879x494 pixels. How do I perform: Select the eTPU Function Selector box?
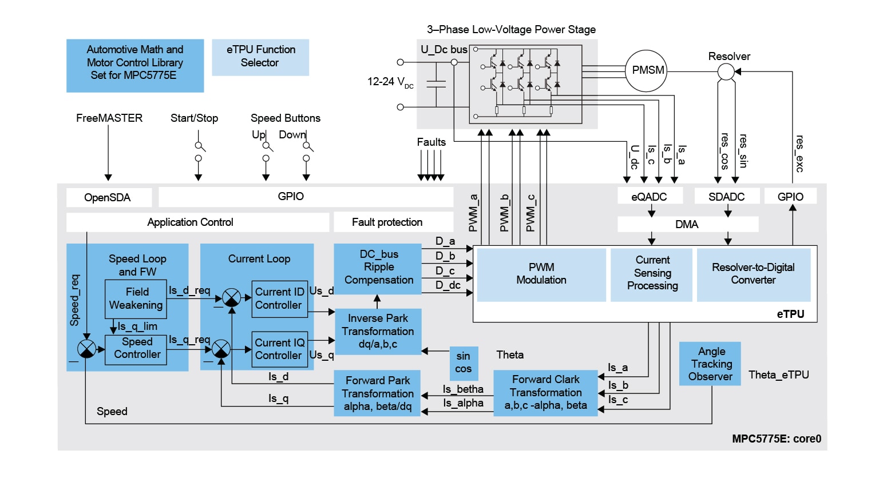260,57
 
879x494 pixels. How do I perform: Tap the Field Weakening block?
136,299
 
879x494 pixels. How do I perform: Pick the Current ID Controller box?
280,298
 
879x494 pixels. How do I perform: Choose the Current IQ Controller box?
280,349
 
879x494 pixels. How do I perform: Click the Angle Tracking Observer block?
710,364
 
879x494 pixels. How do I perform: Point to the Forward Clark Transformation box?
545,393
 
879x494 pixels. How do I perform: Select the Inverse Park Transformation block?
378,332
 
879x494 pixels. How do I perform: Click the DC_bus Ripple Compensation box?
378,268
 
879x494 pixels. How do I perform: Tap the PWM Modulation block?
541,274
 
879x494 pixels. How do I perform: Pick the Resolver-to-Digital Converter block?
753,274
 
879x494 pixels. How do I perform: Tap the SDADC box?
727,197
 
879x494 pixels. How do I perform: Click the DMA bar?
687,224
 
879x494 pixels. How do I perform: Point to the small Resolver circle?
726,72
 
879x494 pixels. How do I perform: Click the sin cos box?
464,362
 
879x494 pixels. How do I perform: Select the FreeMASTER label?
109,118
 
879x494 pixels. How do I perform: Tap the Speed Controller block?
136,349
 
